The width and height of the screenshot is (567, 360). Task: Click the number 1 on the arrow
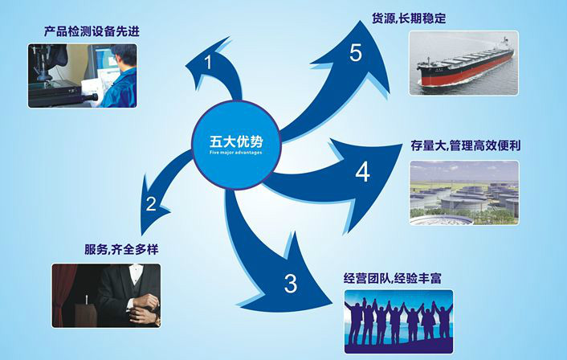[x=208, y=62]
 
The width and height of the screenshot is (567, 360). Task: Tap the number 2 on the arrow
[x=151, y=204]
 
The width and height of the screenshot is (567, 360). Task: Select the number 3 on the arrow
[x=291, y=284]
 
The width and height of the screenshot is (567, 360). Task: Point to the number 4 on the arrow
[x=362, y=172]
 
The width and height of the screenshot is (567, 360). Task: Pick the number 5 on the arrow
[x=356, y=52]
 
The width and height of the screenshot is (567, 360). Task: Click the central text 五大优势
[x=236, y=141]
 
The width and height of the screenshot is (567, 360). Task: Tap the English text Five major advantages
[x=236, y=153]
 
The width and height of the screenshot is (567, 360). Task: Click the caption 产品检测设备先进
[x=92, y=31]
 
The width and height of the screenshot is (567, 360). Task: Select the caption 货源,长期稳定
[x=409, y=18]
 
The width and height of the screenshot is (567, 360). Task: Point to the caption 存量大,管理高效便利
[x=465, y=145]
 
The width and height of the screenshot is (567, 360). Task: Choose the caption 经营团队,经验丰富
[x=393, y=279]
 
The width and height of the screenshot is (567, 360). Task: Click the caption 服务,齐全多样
[x=121, y=249]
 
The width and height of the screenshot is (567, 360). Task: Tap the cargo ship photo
[x=463, y=63]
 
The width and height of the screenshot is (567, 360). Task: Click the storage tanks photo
[x=464, y=193]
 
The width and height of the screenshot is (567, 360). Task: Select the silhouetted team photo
[x=398, y=321]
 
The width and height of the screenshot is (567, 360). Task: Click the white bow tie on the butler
[x=136, y=268]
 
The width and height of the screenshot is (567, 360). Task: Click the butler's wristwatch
[x=157, y=319]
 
